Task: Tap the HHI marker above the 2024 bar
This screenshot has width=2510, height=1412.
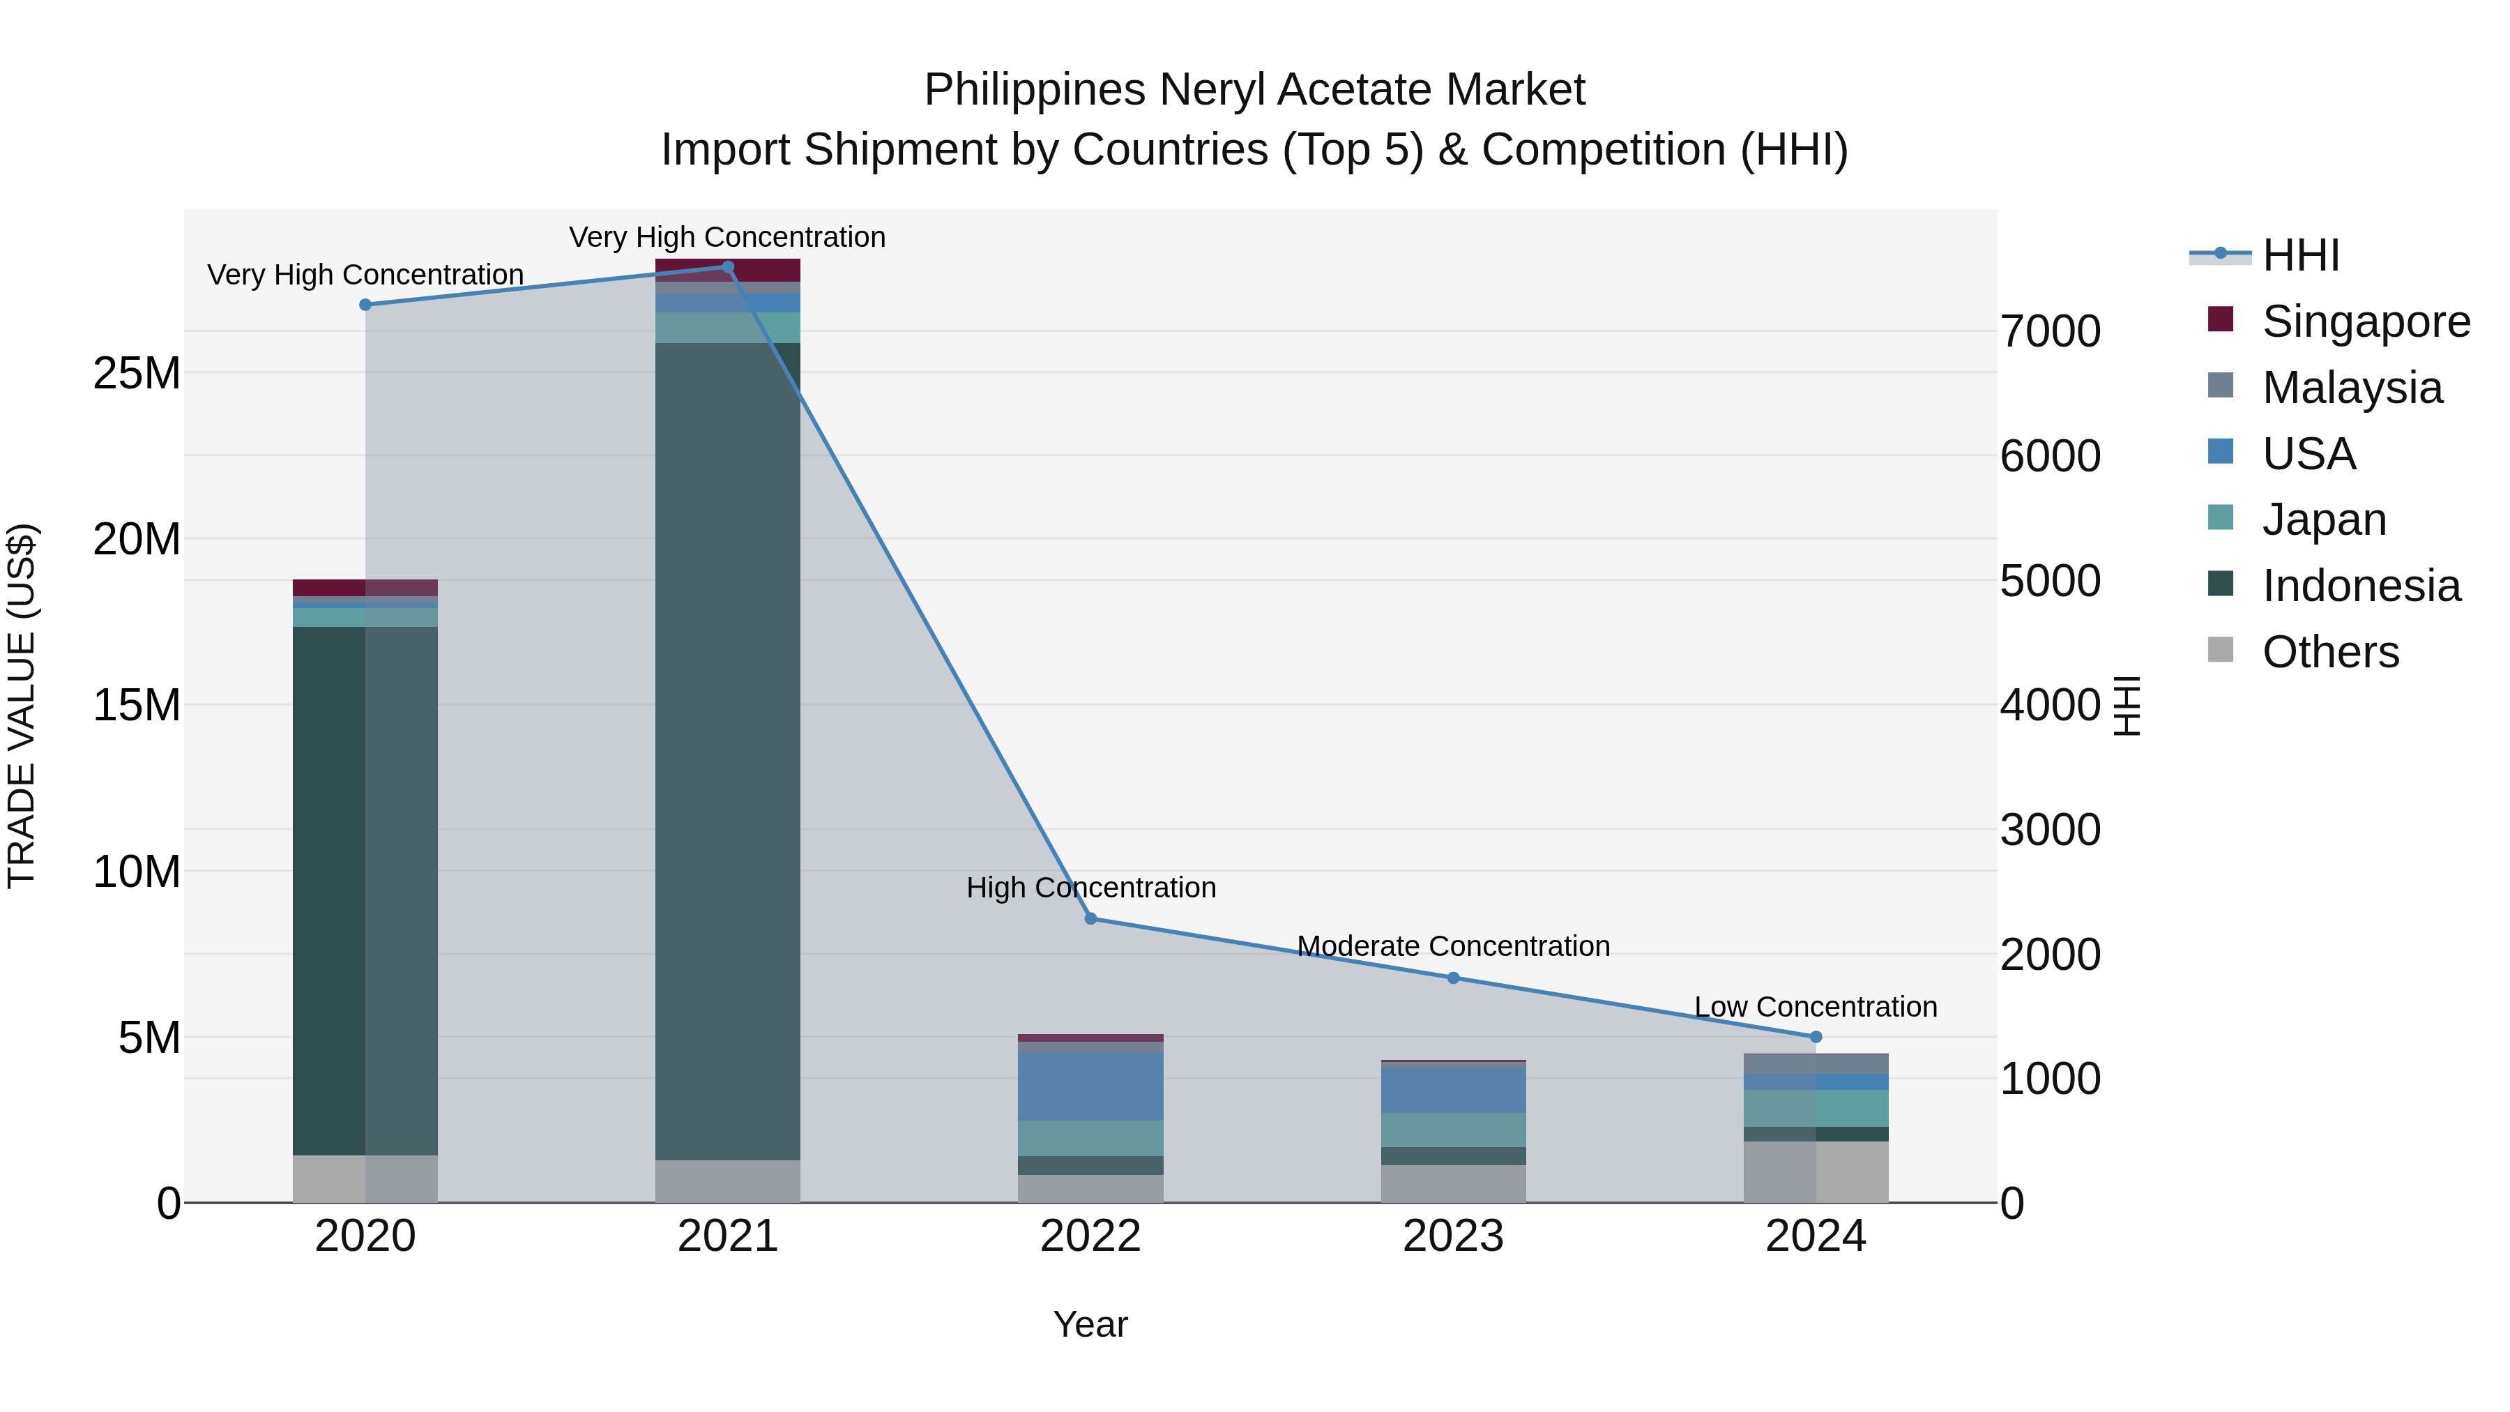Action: pyautogui.click(x=1816, y=1037)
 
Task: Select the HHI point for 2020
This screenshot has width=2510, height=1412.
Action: pyautogui.click(x=365, y=305)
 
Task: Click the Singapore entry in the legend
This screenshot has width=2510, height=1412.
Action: pyautogui.click(x=2365, y=321)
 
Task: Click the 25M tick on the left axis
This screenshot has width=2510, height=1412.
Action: pyautogui.click(x=137, y=373)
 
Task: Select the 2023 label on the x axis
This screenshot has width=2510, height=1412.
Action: pyautogui.click(x=1453, y=1236)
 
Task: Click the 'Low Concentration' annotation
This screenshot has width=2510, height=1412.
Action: pyautogui.click(x=1816, y=1007)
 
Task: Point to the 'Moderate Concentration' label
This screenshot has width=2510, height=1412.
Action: pyautogui.click(x=1453, y=946)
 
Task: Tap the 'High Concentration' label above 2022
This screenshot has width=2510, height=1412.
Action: pyautogui.click(x=1090, y=888)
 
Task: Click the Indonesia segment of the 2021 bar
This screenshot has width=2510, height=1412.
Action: pyautogui.click(x=727, y=750)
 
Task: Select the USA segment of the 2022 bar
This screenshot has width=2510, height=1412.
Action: pyautogui.click(x=1090, y=1086)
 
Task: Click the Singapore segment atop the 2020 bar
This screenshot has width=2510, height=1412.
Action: pyautogui.click(x=365, y=588)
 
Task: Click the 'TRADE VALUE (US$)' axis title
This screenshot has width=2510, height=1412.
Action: pyautogui.click(x=22, y=706)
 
